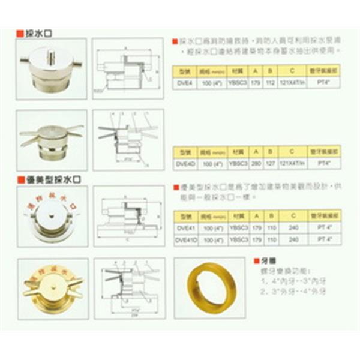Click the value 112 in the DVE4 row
coord(269,85)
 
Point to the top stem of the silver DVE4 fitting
coord(52,56)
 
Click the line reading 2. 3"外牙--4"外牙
coord(286,293)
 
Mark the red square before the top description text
coord(175,42)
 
